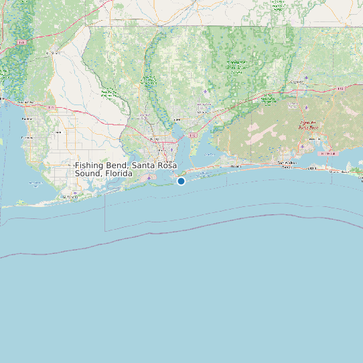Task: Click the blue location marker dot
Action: point(181,181)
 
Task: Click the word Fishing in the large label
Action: point(89,165)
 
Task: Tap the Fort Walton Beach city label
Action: point(287,163)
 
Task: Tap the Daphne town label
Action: point(27,119)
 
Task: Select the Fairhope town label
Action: point(28,137)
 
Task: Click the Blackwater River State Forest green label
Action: point(235,66)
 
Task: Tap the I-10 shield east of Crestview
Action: point(341,88)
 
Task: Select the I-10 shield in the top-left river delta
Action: point(21,42)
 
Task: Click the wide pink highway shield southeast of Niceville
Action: point(327,153)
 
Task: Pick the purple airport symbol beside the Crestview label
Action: point(306,78)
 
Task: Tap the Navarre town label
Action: point(234,166)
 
